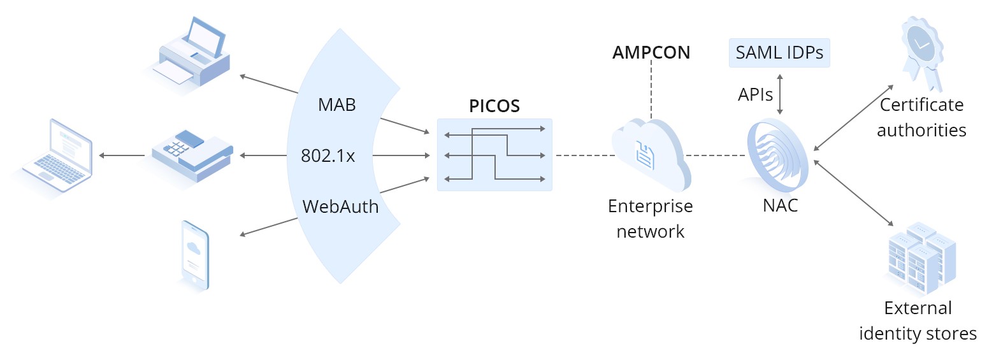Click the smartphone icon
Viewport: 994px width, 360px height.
pos(194,256)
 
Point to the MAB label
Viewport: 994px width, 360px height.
pos(336,105)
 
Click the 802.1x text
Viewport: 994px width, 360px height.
pos(328,156)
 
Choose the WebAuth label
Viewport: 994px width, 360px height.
pos(340,207)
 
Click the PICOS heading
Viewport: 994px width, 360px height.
pos(494,106)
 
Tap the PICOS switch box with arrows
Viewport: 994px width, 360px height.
pos(494,155)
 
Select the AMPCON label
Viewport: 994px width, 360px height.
pos(651,53)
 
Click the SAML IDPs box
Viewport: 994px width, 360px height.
pos(779,52)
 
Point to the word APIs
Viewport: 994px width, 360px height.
pos(755,95)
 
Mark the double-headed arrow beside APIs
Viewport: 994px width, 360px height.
pos(781,94)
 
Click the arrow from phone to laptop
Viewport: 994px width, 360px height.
pos(121,155)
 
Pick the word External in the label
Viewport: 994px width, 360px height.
pos(918,308)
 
